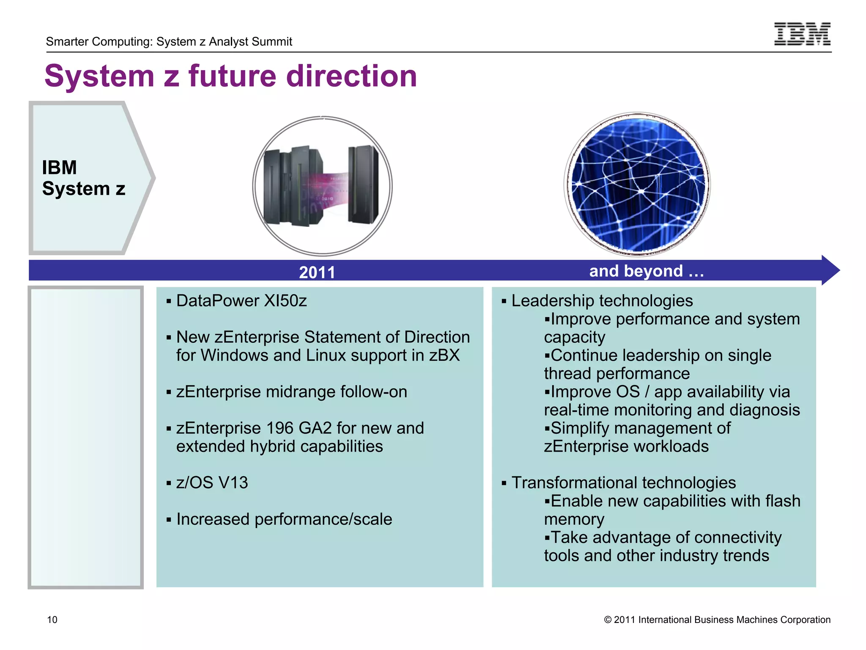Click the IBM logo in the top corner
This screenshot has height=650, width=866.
pyautogui.click(x=802, y=34)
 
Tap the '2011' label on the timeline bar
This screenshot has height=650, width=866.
pyautogui.click(x=317, y=272)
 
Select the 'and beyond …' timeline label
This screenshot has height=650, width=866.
pyautogui.click(x=646, y=271)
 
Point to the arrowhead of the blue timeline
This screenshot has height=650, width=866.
pyautogui.click(x=830, y=270)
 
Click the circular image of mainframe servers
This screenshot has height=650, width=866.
pyautogui.click(x=322, y=186)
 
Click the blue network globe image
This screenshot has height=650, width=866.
pyautogui.click(x=637, y=185)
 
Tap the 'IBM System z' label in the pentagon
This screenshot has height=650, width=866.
pyautogui.click(x=83, y=178)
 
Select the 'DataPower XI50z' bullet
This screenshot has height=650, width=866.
pyautogui.click(x=241, y=301)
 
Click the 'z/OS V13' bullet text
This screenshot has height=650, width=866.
pyautogui.click(x=212, y=483)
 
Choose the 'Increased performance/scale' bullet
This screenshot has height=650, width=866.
pyautogui.click(x=284, y=519)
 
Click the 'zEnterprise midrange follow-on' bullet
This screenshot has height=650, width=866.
pyautogui.click(x=291, y=392)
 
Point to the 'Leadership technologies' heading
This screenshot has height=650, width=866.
pyautogui.click(x=602, y=301)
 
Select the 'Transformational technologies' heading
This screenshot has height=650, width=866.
pyautogui.click(x=623, y=483)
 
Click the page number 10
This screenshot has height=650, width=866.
pyautogui.click(x=52, y=620)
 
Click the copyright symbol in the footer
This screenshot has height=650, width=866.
pyautogui.click(x=608, y=620)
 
